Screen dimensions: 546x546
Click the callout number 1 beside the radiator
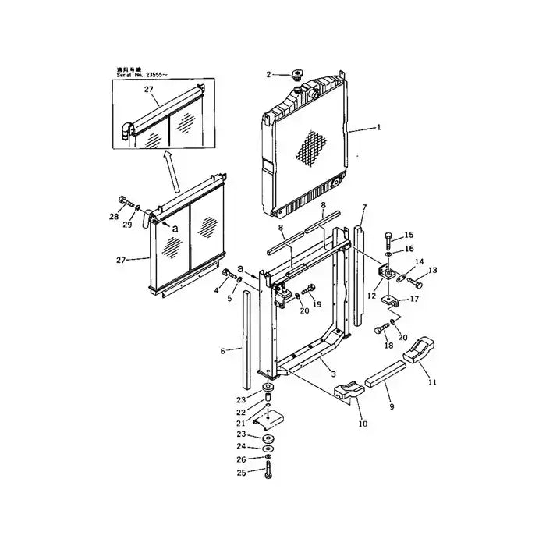tap(380, 126)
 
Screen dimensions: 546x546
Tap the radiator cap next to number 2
tap(296, 75)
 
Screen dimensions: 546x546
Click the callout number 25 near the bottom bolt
tap(243, 473)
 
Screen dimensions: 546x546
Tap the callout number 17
tap(414, 298)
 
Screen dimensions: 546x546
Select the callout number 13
tap(433, 271)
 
